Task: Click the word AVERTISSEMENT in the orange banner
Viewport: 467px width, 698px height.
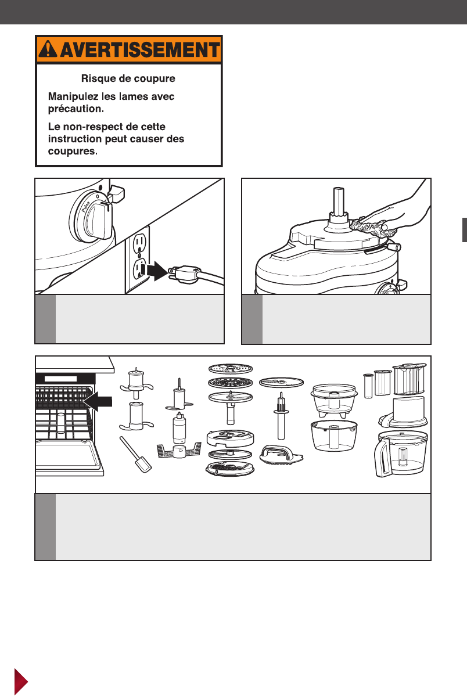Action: point(140,50)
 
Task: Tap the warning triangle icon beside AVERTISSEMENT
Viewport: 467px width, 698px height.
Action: point(48,49)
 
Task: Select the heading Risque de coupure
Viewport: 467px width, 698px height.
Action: point(128,78)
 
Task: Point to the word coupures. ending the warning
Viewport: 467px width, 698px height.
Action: point(73,152)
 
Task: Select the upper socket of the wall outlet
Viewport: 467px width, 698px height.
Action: point(138,243)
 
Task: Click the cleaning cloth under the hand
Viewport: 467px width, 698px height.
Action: point(373,228)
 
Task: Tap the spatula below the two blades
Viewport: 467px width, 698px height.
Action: point(135,454)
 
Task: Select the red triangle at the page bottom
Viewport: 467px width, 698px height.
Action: point(21,681)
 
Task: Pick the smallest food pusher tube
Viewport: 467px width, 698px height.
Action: point(368,386)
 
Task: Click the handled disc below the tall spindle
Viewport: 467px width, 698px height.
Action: point(281,455)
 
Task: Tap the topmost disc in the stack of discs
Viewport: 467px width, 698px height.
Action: point(231,368)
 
